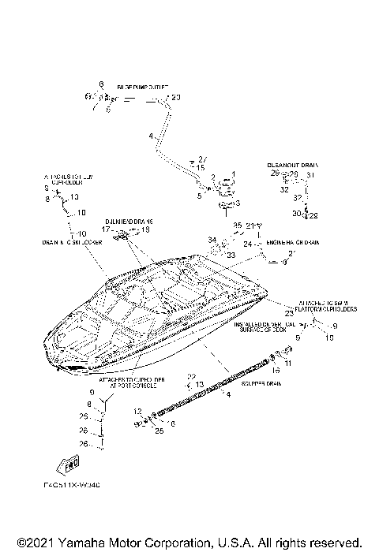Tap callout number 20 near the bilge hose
pos(175,97)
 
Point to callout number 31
pos(310,174)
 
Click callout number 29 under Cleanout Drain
pos(274,173)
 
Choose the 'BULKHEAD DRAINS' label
pos(128,222)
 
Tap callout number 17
pos(106,229)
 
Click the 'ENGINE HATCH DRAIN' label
pos(293,243)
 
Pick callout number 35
pos(236,226)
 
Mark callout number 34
pos(212,240)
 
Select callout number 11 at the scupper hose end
pos(288,362)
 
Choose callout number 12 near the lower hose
pos(137,411)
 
